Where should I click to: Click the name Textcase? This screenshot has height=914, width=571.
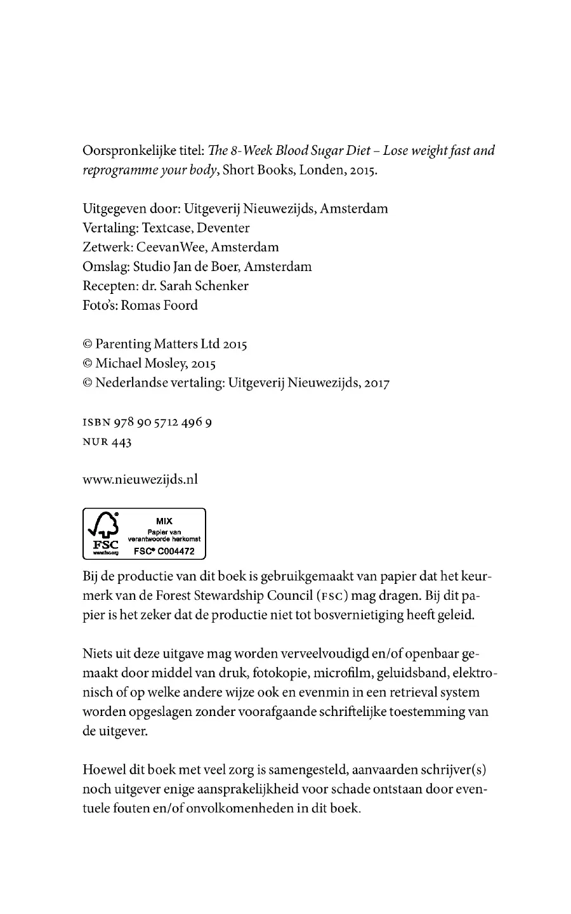pyautogui.click(x=171, y=228)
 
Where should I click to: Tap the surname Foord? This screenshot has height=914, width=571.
pyautogui.click(x=180, y=305)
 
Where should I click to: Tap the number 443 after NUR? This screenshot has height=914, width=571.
pyautogui.click(x=121, y=442)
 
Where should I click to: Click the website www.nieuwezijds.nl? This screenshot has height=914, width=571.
pyautogui.click(x=140, y=479)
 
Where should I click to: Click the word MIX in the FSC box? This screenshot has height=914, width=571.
pyautogui.click(x=164, y=521)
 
